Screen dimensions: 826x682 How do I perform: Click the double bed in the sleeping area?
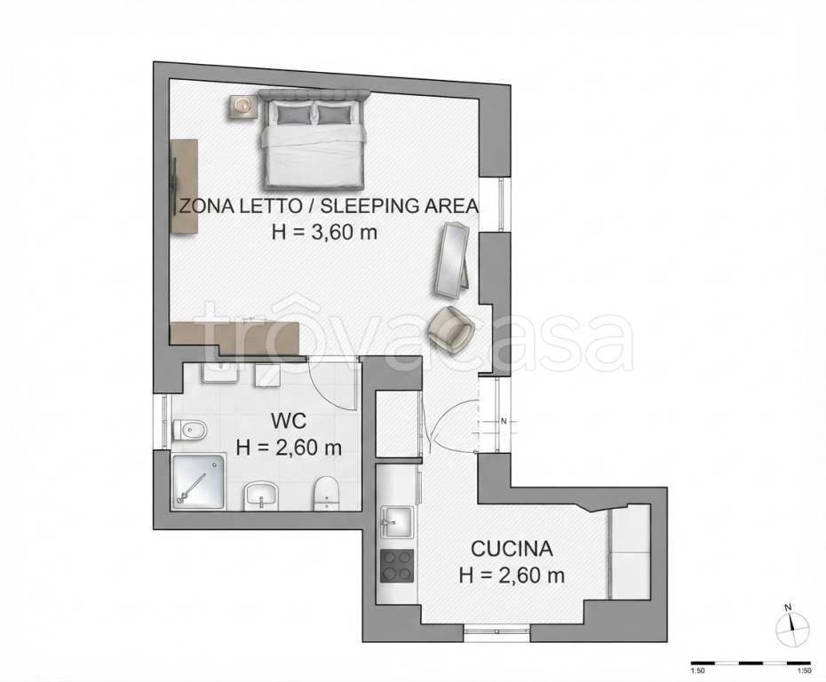[314, 139]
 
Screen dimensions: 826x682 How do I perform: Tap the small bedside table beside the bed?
[242, 106]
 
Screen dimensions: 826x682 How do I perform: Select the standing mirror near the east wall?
[453, 259]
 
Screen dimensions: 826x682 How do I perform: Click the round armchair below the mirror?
[451, 328]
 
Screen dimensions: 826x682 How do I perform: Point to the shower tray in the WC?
[199, 482]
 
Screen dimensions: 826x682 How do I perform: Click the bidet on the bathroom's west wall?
[185, 429]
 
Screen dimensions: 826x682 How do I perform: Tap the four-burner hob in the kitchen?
[397, 566]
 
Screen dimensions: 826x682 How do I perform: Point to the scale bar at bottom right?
[751, 662]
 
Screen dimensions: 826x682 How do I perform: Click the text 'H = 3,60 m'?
[324, 232]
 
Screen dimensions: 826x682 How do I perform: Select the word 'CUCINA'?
[512, 549]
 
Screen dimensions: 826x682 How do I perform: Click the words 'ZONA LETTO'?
[241, 205]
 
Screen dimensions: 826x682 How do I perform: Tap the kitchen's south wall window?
[497, 632]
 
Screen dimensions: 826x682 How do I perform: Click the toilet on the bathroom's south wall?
[326, 494]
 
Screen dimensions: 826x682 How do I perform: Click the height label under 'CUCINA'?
[512, 575]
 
